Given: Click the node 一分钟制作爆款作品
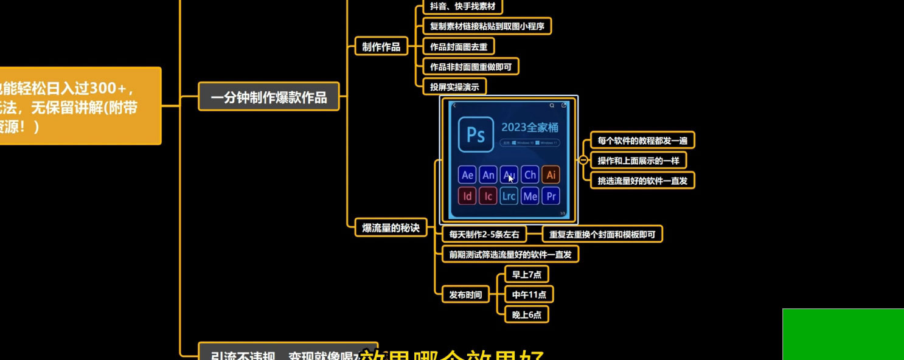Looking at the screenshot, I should (268, 97).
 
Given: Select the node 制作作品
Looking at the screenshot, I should (381, 46).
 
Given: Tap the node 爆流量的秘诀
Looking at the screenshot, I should (391, 228).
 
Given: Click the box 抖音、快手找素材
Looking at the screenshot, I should (462, 7).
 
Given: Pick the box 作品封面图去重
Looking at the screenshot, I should (458, 46).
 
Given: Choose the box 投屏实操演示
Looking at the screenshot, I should (454, 86).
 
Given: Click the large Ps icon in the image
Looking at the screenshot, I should (475, 134).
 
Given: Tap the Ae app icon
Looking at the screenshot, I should (467, 175).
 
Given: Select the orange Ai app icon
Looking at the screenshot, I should (551, 175).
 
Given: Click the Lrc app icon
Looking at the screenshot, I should (509, 196).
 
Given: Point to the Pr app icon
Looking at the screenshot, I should (551, 196).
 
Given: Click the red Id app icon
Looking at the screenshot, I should (467, 196).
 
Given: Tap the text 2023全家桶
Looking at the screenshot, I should (529, 127).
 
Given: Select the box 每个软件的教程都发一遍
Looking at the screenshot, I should (642, 140).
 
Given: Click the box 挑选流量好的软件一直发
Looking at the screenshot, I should (642, 180).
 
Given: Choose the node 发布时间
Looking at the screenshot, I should (465, 295).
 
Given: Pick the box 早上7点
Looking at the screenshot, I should (526, 274).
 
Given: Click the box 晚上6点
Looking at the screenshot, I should (526, 314).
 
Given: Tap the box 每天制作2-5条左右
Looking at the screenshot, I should (484, 234).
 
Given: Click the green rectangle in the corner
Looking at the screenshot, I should (843, 334).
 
